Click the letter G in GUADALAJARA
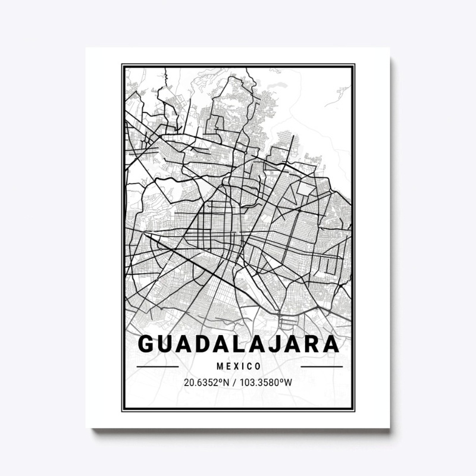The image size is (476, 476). point(146,345)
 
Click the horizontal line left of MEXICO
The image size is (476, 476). point(158,367)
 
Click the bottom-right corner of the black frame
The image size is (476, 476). point(354,411)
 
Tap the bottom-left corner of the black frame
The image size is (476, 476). point(123,411)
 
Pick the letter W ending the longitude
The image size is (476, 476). point(289,382)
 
